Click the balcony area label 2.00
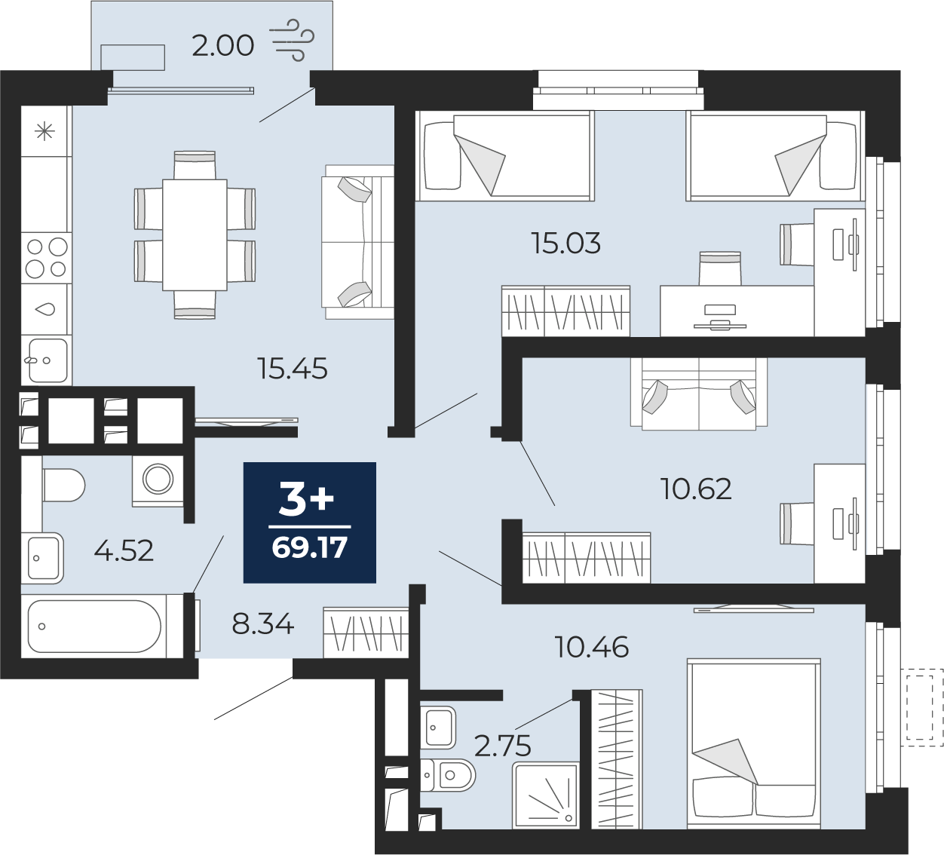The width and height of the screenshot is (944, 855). [x=222, y=46]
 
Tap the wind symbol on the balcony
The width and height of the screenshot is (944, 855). [x=292, y=39]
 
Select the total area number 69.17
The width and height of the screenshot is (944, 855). [x=310, y=548]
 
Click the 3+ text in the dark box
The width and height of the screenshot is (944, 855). [x=306, y=498]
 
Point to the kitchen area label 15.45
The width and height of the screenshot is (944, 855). [x=293, y=369]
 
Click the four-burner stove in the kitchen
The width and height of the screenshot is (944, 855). [x=46, y=257]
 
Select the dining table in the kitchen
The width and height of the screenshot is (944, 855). [x=195, y=234]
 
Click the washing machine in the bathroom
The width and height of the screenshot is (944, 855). [x=158, y=480]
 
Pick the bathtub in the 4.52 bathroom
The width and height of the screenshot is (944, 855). [x=95, y=626]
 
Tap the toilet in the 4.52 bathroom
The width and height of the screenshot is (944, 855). [x=63, y=485]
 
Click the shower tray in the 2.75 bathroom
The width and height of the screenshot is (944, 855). [x=545, y=795]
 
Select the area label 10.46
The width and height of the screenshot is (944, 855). [x=592, y=647]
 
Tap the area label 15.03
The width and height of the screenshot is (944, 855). [x=566, y=244]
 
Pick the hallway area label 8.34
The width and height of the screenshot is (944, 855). [x=262, y=624]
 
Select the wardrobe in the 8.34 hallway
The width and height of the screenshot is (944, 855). [x=366, y=632]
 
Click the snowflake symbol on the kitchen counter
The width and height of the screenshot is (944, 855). [x=45, y=132]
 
